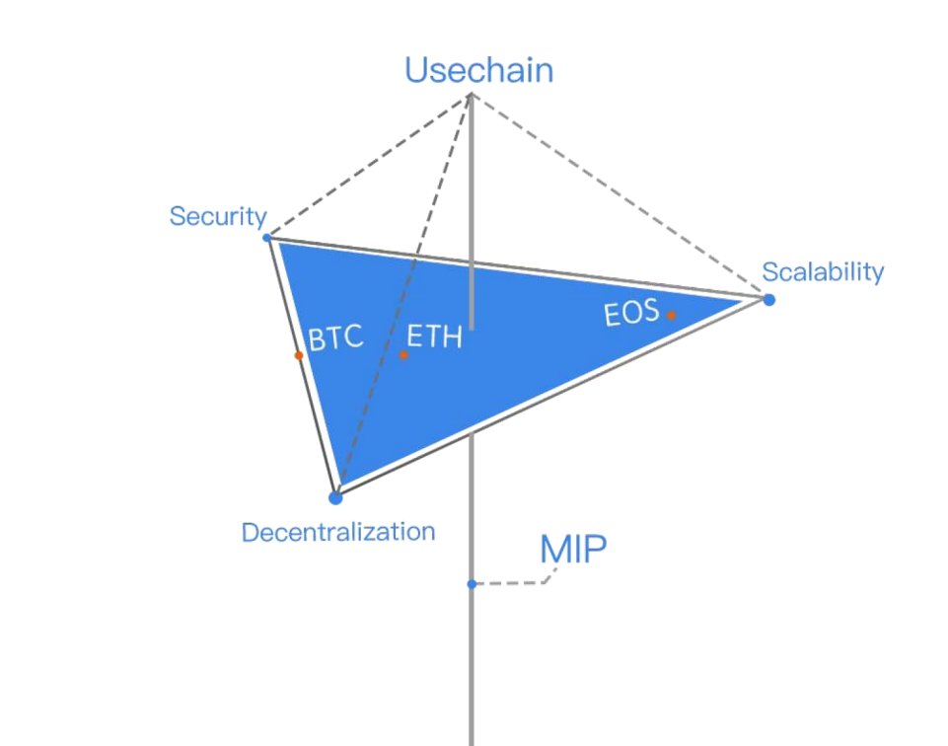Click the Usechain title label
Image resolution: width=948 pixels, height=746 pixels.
478,70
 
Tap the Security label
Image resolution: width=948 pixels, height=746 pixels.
218,216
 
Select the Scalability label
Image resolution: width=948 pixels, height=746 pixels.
823,271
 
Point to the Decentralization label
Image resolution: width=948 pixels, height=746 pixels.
338,532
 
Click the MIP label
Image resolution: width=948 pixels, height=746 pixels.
572,549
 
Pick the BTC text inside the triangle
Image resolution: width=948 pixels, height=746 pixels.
336,338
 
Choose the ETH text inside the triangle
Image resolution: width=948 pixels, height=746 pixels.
434,337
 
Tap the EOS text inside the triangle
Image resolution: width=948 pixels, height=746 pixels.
630,316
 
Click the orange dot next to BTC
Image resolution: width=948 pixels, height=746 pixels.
298,355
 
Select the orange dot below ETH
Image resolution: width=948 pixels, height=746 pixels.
403,354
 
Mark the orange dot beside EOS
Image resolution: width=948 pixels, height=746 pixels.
671,316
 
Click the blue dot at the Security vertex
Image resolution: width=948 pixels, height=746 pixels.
267,238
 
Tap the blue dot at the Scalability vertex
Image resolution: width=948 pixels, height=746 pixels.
768,299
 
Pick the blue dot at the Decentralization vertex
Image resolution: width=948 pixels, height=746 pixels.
335,497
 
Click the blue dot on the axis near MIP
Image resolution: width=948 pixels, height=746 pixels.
472,584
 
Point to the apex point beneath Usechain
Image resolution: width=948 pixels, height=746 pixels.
472,95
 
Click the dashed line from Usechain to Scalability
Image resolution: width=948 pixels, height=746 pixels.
620,195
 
